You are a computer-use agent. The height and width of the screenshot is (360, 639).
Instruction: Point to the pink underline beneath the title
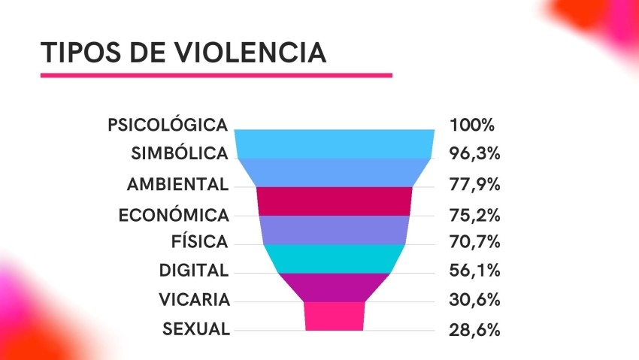[x=217, y=75]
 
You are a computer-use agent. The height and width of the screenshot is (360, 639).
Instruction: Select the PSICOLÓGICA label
[x=167, y=125]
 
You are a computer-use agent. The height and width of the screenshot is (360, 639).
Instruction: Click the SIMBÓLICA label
[x=179, y=153]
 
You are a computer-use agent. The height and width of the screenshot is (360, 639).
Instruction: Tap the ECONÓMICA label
[x=173, y=215]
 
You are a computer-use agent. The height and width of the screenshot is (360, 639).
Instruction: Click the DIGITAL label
[x=193, y=271]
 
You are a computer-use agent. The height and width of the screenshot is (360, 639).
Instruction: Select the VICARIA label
[x=194, y=300]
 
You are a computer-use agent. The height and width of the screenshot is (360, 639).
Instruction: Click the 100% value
[x=472, y=125]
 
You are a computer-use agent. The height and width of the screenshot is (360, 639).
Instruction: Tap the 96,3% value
[x=474, y=154]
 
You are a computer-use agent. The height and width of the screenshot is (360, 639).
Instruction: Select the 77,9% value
[x=474, y=184]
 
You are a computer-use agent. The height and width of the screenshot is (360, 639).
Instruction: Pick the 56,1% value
[x=474, y=271]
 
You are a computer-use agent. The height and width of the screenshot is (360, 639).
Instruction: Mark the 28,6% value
[x=474, y=329]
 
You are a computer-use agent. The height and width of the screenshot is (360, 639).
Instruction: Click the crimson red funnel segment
[x=335, y=201]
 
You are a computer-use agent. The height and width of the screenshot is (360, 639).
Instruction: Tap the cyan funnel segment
[x=335, y=259]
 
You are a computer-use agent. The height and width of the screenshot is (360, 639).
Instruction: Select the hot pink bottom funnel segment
[x=335, y=316]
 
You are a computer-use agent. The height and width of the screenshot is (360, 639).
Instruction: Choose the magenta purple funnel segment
[x=335, y=286]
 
